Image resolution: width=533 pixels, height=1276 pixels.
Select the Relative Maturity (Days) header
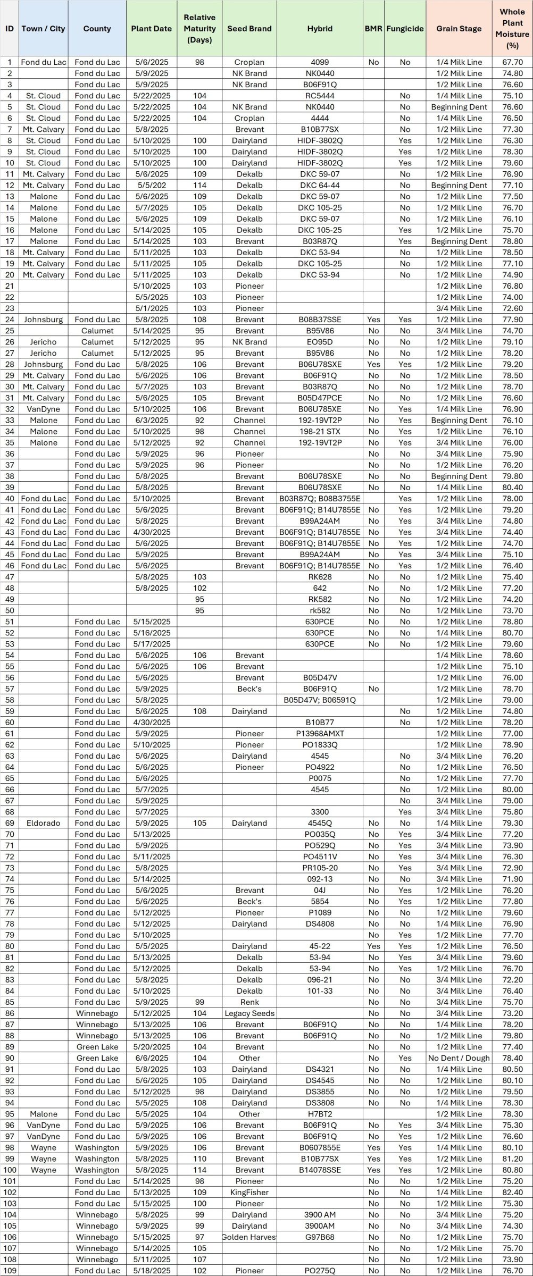(199, 29)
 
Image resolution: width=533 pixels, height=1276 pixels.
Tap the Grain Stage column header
(459, 29)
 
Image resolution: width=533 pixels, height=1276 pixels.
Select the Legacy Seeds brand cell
(249, 1013)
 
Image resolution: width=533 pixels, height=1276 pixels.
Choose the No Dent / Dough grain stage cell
(459, 1058)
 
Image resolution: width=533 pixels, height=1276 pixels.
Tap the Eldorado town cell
(44, 823)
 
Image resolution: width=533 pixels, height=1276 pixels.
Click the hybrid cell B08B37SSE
(320, 320)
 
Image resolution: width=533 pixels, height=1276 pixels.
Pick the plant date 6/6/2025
(152, 1058)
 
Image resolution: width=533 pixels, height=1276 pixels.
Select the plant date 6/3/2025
(152, 420)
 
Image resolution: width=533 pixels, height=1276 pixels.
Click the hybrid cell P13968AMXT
(320, 734)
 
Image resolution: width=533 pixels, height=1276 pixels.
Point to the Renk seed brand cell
(249, 1002)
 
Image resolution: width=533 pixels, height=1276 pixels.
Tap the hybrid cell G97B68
(320, 1237)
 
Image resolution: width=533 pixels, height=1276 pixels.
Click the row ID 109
(10, 1270)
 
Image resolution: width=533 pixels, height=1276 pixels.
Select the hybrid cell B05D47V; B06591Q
(320, 700)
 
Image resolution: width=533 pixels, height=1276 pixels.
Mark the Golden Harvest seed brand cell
(249, 1237)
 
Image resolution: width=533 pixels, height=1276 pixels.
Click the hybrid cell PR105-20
(320, 868)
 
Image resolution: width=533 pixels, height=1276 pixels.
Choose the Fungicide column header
(405, 29)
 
